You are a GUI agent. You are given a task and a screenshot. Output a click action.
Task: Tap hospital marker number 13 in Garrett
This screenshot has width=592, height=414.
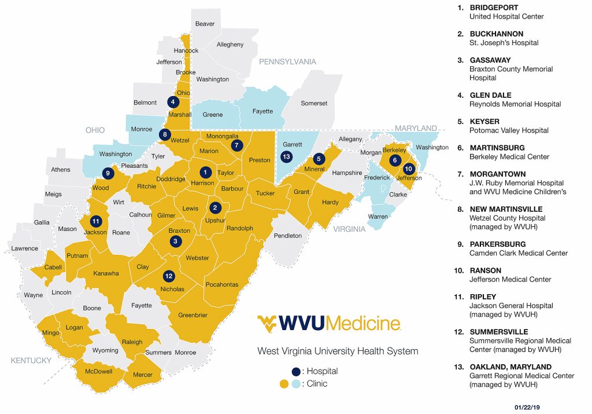tap(286, 156)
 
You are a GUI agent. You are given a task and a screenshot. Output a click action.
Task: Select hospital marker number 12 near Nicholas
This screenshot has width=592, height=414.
tap(168, 276)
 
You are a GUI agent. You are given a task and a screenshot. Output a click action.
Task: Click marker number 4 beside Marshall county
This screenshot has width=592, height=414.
tap(173, 102)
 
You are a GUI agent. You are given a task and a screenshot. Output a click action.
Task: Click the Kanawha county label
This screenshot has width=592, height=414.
tap(106, 273)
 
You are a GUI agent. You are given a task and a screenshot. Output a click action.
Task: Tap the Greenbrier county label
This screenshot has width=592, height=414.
tap(193, 315)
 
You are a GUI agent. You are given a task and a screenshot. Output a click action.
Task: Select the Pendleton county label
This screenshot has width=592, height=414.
tap(288, 236)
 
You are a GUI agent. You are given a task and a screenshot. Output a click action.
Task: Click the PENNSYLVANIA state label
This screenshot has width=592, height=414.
tap(288, 61)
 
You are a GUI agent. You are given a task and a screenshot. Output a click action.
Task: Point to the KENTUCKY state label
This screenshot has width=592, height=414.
tap(31, 361)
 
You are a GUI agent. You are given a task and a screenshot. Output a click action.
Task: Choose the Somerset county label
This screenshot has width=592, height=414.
tap(314, 103)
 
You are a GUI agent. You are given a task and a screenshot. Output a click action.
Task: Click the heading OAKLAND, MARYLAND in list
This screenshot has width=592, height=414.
tap(510, 367)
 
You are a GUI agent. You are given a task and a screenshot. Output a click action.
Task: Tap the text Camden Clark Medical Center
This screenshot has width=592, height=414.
tap(518, 253)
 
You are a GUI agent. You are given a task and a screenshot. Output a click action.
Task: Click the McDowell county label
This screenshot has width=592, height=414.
tap(98, 372)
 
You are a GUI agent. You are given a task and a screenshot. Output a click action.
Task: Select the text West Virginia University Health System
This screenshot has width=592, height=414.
tap(338, 351)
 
